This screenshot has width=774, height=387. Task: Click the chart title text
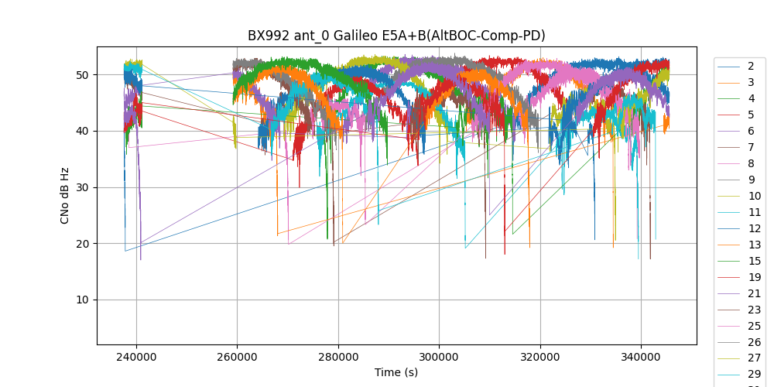pos(396,36)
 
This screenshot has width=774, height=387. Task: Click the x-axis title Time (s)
pos(396,372)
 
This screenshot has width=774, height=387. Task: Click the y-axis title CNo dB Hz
pos(65,195)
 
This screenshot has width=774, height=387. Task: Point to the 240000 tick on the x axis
pos(136,358)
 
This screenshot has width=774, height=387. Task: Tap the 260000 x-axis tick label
pos(237,358)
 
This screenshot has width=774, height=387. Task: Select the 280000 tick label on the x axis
pos(338,358)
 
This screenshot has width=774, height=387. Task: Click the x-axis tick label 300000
pos(439,358)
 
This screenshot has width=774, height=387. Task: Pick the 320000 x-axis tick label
pos(540,358)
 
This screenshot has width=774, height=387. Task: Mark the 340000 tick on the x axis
pos(641,358)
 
